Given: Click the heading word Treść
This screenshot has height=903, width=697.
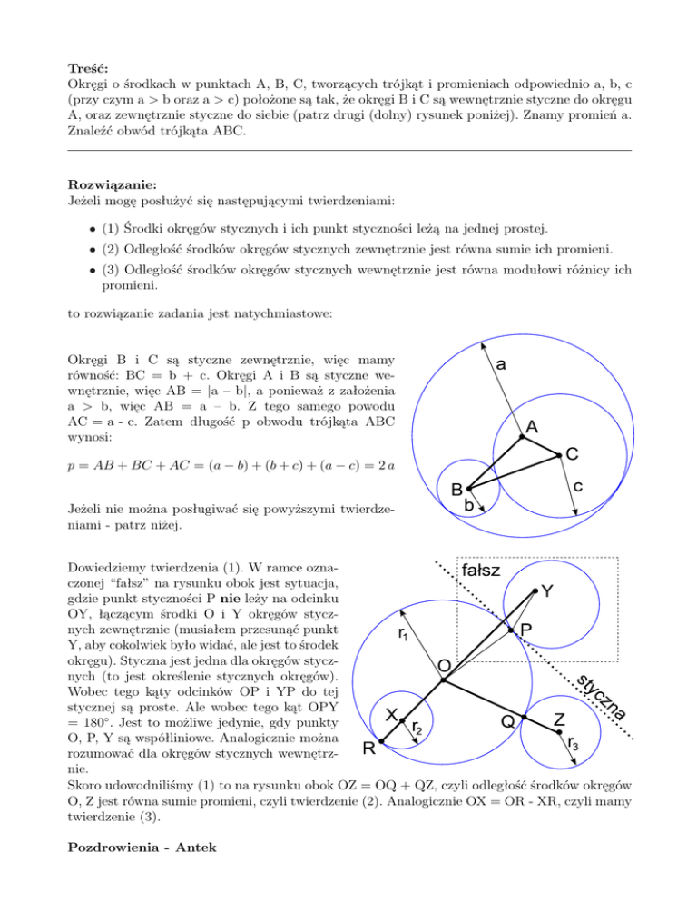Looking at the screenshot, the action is (x=89, y=67).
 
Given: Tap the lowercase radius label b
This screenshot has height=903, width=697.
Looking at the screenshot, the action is (x=468, y=504).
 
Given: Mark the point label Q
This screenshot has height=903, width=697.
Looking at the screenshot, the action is (x=509, y=721).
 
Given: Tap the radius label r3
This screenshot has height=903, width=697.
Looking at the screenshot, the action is (x=574, y=745).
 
